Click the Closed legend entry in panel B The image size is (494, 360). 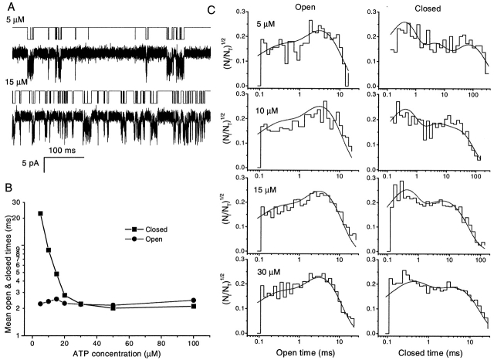coord(156,229)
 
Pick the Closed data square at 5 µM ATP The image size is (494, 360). coord(40,213)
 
